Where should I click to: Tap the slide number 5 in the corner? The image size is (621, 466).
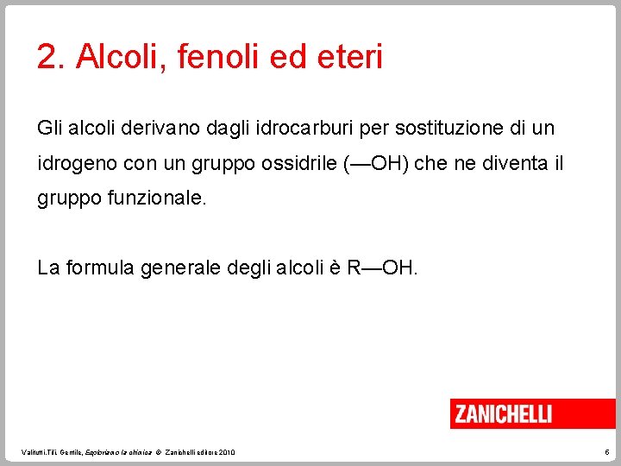coord(606,453)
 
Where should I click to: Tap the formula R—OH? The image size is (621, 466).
coord(382,268)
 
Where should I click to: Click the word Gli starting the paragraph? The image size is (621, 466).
coord(49,129)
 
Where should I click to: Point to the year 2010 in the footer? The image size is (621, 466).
coord(226,453)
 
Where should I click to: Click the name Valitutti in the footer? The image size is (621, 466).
coord(36,453)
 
